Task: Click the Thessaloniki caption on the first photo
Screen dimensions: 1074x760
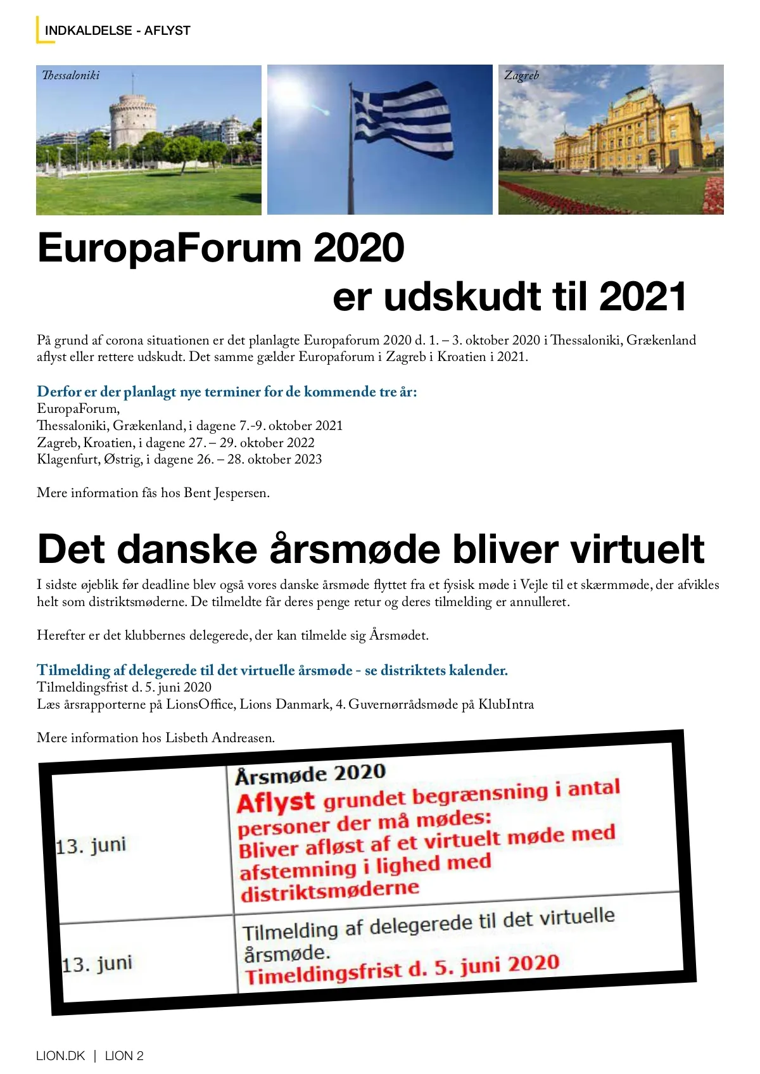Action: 70,75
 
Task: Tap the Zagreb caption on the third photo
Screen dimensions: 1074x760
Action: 521,75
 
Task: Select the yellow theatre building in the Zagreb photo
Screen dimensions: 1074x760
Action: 633,132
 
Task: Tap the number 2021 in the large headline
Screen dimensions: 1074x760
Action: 642,296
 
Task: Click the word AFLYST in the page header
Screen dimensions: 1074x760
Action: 167,30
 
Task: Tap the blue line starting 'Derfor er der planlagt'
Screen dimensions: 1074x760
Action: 227,391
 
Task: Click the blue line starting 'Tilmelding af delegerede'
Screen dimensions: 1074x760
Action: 272,670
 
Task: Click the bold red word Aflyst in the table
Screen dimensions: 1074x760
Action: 275,802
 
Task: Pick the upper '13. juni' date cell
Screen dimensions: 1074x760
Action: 91,845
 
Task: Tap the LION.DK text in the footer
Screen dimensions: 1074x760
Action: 60,1056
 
